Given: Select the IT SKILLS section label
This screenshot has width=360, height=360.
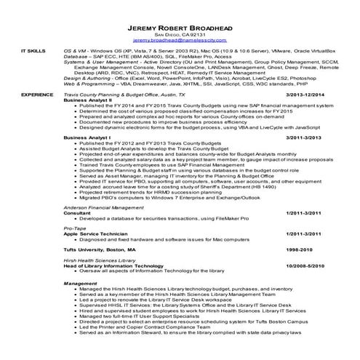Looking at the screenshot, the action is coord(32,53).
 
